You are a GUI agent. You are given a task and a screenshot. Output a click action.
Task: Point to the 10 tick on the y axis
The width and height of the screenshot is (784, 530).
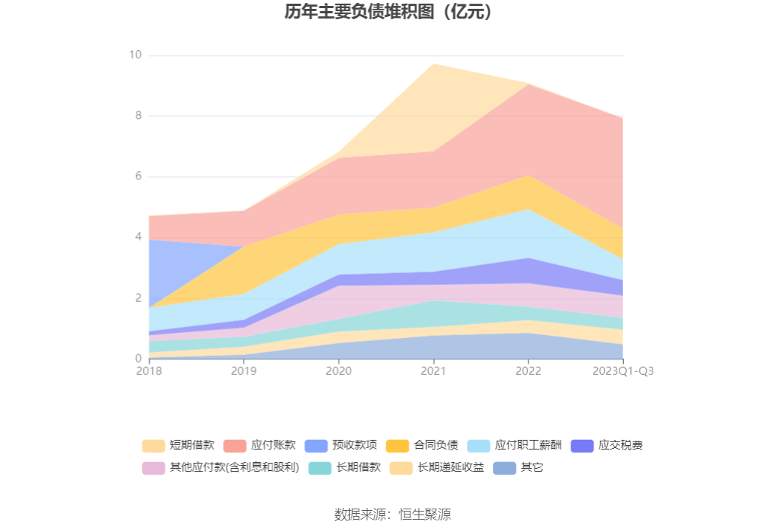pos(135,55)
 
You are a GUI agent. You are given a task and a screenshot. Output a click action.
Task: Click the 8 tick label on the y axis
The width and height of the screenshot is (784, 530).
pos(137,116)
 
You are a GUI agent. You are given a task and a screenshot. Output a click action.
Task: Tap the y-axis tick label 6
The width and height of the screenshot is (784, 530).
pos(137,176)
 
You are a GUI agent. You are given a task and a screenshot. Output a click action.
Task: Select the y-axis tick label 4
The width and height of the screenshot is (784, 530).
pos(137,237)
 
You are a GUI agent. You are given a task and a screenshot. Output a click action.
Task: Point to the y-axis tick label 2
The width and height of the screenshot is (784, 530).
pos(137,298)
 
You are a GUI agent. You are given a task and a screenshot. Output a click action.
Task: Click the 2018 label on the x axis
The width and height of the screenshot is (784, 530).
pos(149,371)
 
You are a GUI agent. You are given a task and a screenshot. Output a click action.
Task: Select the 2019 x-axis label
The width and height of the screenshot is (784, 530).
pos(244,371)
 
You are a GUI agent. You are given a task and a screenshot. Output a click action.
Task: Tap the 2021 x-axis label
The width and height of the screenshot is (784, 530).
pos(433,371)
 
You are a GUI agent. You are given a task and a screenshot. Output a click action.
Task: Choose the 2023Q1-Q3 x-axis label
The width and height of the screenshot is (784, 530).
pos(623,371)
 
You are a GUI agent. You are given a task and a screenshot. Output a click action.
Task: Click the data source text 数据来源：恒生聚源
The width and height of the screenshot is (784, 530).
pos(392,514)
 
